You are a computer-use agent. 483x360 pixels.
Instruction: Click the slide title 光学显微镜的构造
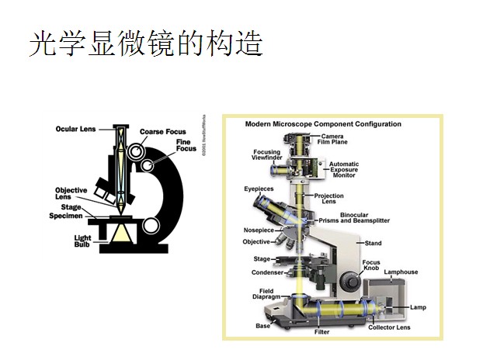tap(145, 44)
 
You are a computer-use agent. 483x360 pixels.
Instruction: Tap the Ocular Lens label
tap(75, 129)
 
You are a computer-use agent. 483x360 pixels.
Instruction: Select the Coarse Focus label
tap(164, 132)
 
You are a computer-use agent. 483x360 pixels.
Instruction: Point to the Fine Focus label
tap(184, 146)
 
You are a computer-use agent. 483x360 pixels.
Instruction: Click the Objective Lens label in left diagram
tap(71, 193)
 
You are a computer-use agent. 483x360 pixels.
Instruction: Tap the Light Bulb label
tap(82, 241)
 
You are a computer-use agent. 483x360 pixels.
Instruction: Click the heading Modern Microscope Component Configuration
tap(323, 124)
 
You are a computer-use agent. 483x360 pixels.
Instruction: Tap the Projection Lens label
tap(328, 199)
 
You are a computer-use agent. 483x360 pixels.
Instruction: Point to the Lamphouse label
tap(401, 272)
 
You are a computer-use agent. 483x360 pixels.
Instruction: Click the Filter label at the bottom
tap(321, 332)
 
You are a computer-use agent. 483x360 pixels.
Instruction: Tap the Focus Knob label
tap(372, 265)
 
